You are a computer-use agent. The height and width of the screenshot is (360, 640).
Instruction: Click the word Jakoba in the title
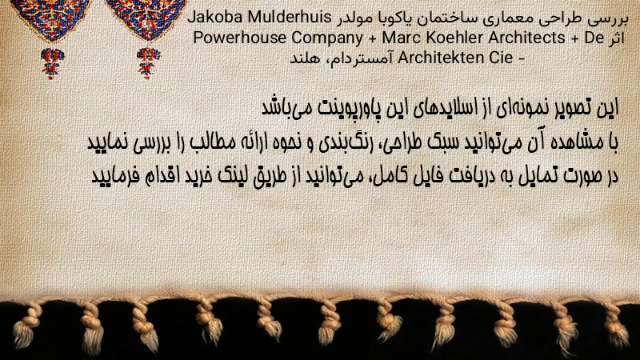[214, 17]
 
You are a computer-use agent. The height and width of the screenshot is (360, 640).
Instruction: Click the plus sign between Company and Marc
[372, 38]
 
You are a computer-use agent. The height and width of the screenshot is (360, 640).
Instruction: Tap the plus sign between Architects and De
[574, 38]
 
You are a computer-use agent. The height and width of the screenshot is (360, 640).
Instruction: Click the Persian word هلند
[306, 58]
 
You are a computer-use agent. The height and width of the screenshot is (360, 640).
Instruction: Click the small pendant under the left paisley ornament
[52, 62]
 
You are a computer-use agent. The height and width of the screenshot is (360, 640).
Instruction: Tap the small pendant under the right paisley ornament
[148, 62]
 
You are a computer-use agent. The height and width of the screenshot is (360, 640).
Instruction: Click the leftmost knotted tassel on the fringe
[26, 325]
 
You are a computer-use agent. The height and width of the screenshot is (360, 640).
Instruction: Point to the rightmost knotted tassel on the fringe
[615, 325]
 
